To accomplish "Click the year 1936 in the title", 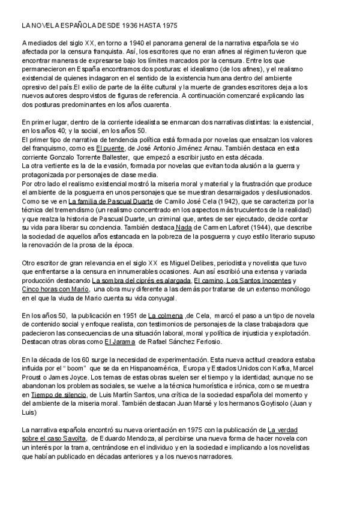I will point(120,28).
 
